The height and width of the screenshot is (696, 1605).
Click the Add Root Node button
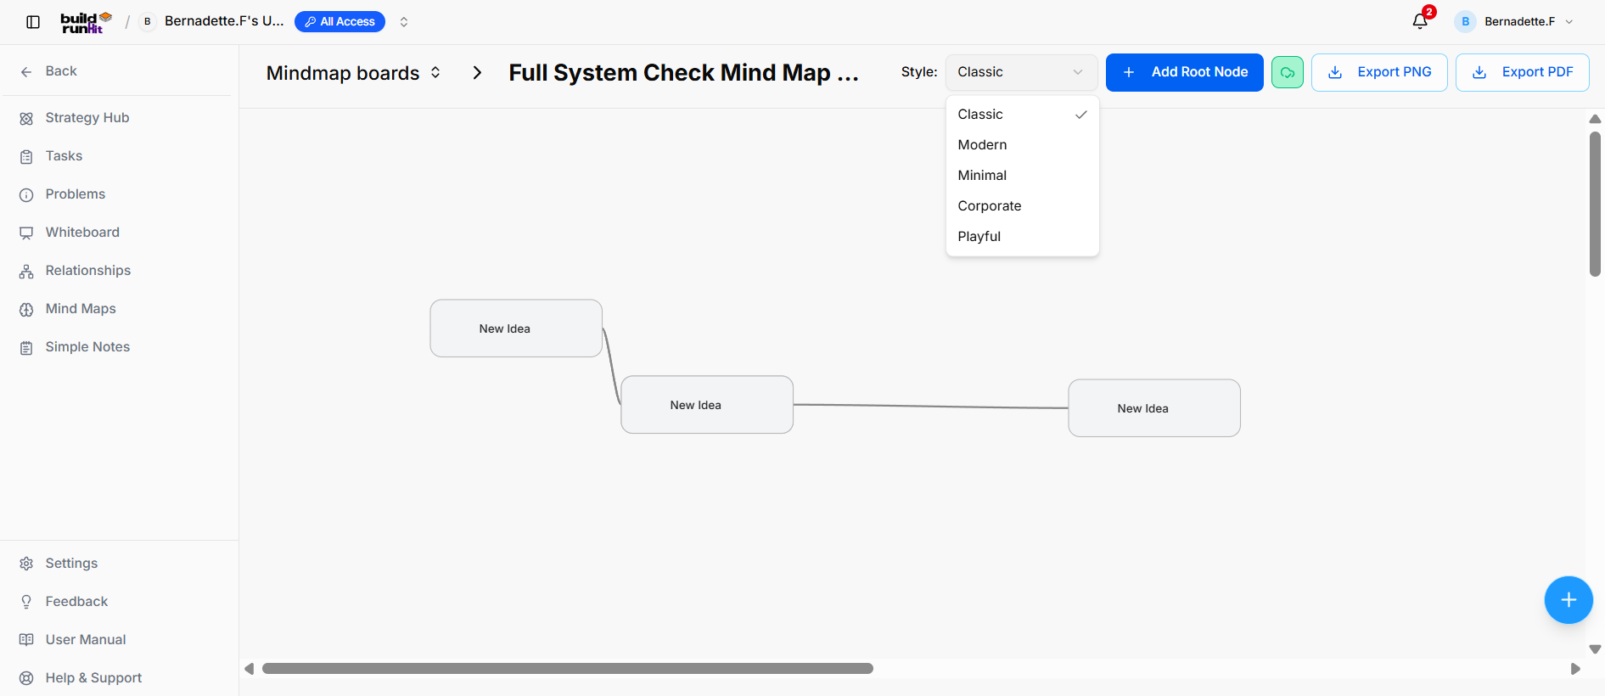[x=1184, y=72]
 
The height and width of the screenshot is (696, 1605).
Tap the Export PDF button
[x=1522, y=72]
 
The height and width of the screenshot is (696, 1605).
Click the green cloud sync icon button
[x=1287, y=72]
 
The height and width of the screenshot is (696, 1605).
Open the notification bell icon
[x=1420, y=21]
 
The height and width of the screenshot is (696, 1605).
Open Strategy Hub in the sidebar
[x=87, y=118]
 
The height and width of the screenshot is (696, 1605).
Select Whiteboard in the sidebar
[x=82, y=233]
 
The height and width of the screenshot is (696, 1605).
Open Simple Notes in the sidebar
[x=87, y=347]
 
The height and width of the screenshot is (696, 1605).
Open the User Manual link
[x=86, y=640]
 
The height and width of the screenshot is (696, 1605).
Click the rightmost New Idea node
[x=1154, y=408]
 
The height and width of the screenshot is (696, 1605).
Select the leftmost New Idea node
[x=516, y=328]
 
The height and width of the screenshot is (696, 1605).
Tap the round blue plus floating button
[x=1568, y=600]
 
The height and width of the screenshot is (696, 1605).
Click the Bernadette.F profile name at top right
[x=1519, y=22]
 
